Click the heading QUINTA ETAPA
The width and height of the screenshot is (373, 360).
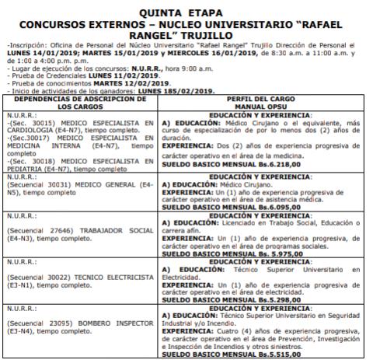pyautogui.click(x=187, y=12)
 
